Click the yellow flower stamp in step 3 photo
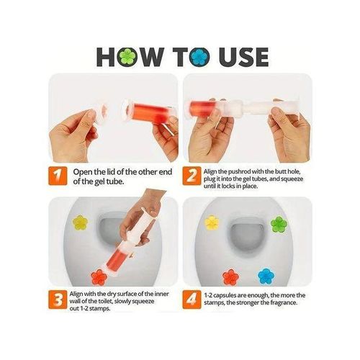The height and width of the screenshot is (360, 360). point(80,220)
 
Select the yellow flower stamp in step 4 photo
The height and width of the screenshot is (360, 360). point(212,222)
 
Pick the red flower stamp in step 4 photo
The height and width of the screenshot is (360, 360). point(230,276)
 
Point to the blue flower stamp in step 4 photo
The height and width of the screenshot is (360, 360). point(266,276)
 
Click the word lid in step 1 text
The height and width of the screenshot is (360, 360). point(113,172)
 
